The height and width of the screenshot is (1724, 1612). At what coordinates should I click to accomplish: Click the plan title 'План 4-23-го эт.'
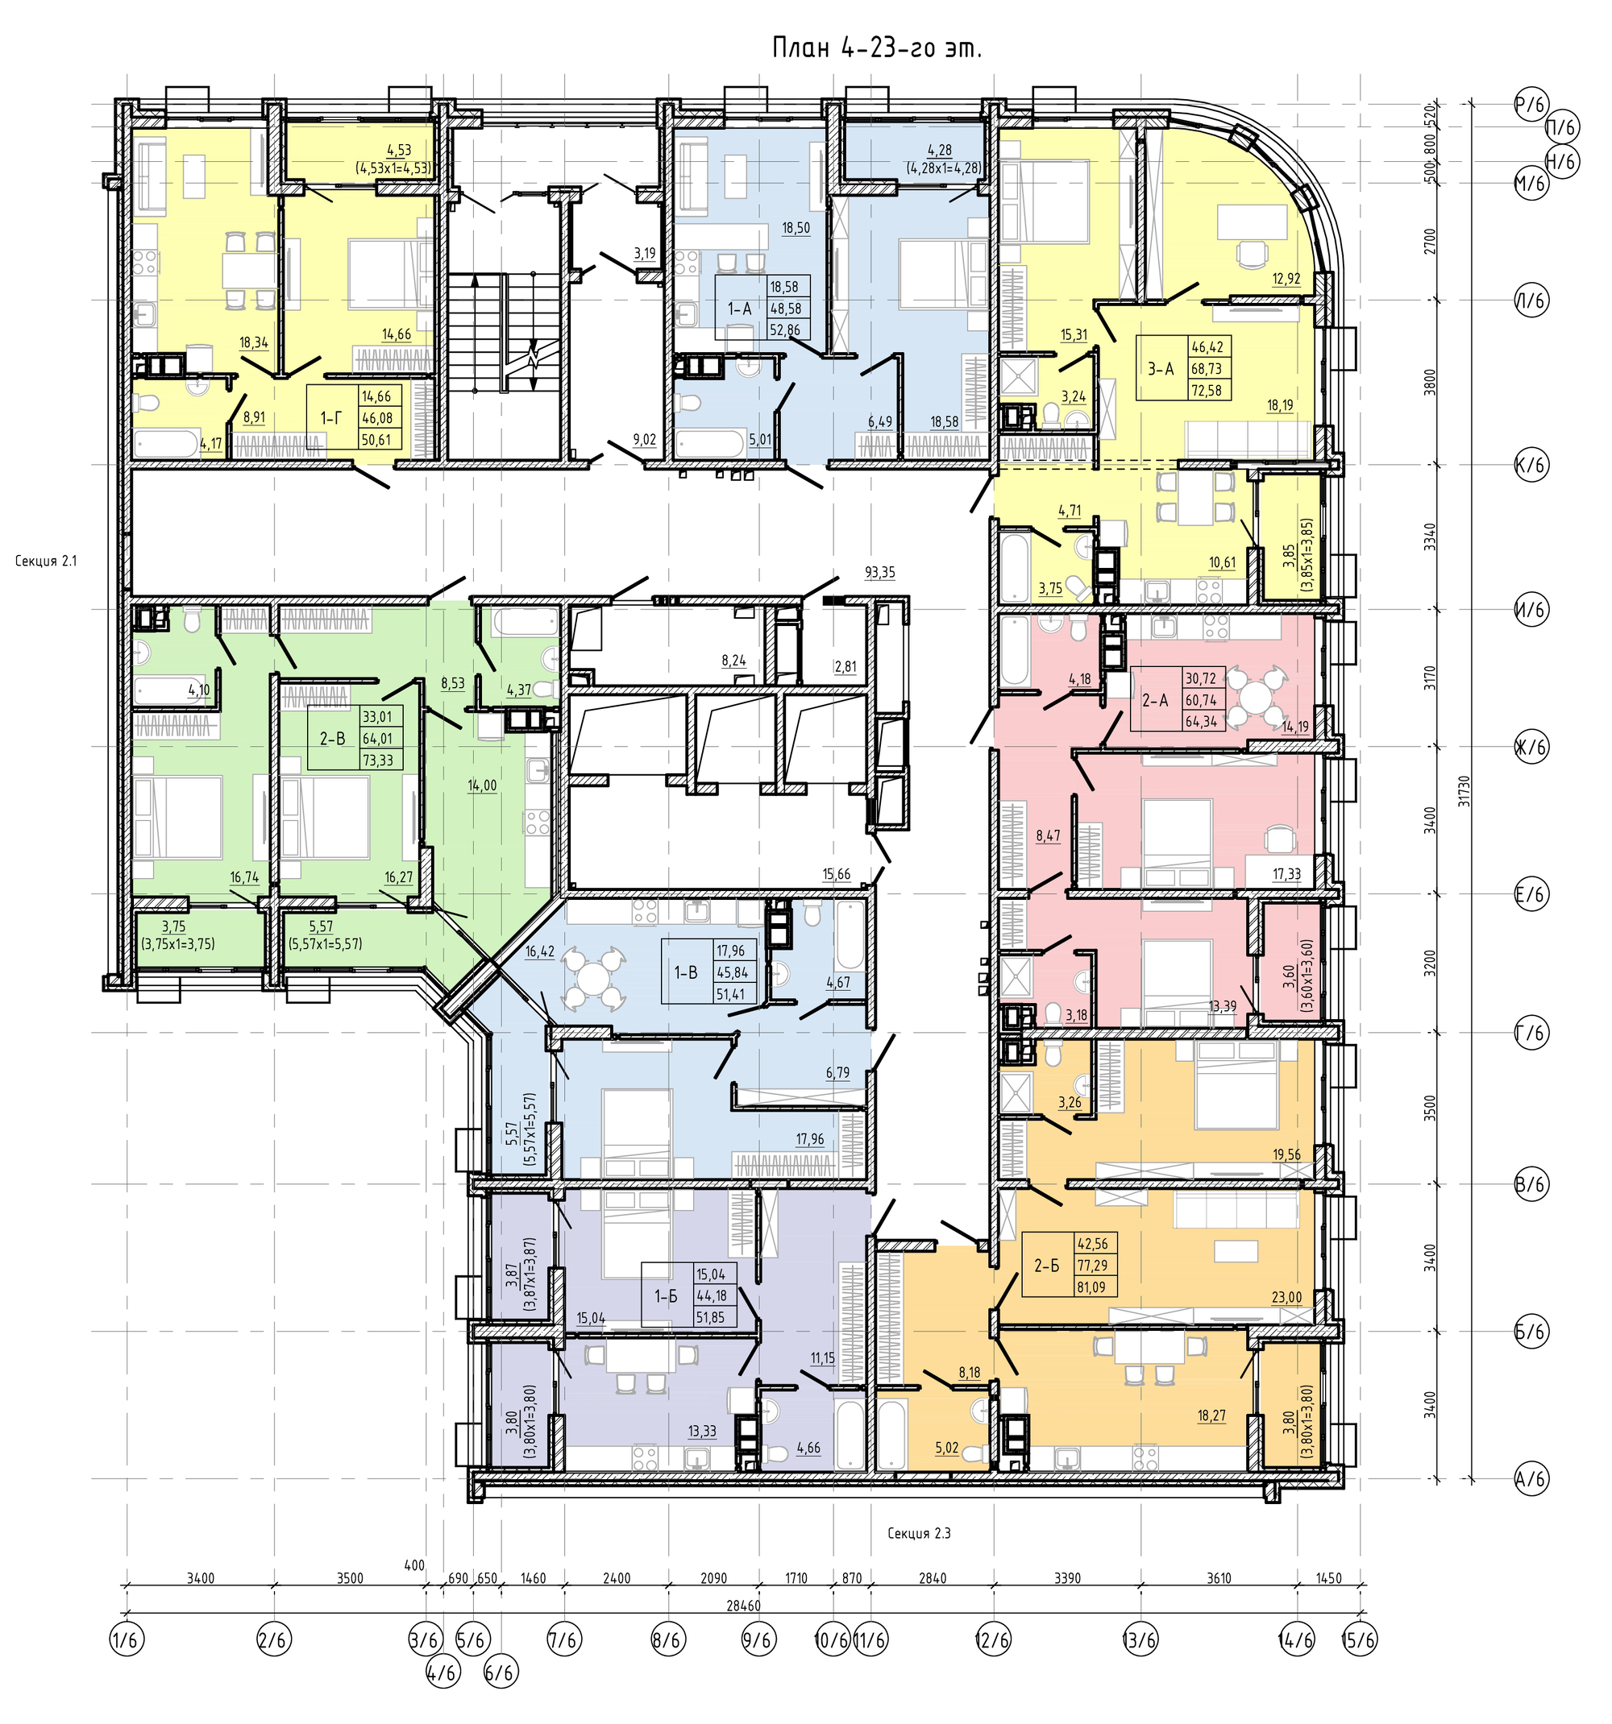[876, 49]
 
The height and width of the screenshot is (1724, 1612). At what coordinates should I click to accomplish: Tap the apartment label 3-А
[1160, 367]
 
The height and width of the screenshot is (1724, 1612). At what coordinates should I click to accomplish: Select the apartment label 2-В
[332, 739]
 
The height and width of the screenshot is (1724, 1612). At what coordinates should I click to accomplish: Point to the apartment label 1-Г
[330, 418]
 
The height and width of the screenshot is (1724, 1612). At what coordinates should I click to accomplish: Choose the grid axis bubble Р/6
[1531, 105]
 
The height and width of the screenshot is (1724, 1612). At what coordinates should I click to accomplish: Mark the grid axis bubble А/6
[1531, 1477]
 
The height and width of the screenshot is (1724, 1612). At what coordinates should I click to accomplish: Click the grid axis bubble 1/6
[127, 1640]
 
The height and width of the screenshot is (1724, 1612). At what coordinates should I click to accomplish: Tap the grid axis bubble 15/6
[1359, 1640]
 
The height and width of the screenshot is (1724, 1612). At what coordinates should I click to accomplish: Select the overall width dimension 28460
[742, 1606]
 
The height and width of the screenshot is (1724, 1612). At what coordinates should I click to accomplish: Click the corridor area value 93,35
[879, 572]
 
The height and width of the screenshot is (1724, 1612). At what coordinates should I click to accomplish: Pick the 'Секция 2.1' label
[46, 561]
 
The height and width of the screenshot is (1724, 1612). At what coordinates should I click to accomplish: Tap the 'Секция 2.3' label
[919, 1533]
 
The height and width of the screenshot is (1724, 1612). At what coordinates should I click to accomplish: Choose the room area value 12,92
[1287, 279]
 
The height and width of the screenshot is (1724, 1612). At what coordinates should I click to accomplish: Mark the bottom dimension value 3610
[1218, 1578]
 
